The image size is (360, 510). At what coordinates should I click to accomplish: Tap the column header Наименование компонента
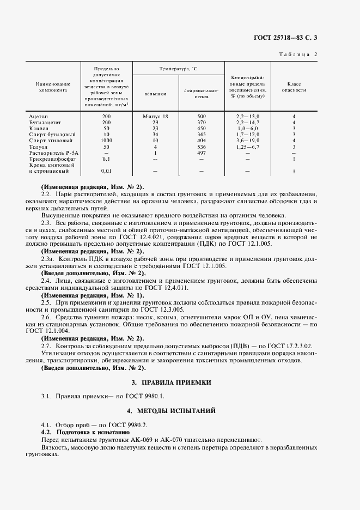click(53, 87)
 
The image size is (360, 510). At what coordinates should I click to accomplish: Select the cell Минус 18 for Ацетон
click(155, 117)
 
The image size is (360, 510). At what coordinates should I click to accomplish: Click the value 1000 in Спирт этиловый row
click(106, 141)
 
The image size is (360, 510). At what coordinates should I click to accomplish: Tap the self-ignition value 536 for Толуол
click(202, 147)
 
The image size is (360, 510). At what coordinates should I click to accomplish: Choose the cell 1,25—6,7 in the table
click(248, 147)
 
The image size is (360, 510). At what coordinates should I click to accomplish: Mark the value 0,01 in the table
click(106, 171)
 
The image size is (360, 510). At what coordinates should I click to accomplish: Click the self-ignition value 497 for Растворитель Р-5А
click(202, 153)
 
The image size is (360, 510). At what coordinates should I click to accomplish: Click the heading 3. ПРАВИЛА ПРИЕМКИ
click(180, 382)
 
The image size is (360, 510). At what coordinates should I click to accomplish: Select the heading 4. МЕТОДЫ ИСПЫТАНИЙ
click(180, 409)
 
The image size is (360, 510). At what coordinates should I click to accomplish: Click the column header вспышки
click(155, 94)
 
